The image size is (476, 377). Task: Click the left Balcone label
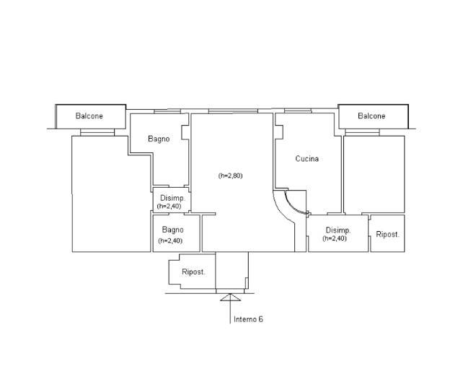point(89,116)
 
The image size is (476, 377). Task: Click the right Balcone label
point(371,116)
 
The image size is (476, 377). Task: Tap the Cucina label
point(307,159)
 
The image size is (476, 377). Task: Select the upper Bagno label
point(159,139)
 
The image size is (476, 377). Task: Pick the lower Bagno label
point(173,230)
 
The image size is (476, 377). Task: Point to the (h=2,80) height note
point(230,175)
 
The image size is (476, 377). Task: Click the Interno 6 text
point(248,319)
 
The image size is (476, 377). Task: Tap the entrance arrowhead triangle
point(230,298)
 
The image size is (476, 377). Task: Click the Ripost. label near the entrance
point(193,272)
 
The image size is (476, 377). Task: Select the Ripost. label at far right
point(388,235)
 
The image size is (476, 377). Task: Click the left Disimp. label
point(172,198)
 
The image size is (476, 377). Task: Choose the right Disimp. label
point(338,230)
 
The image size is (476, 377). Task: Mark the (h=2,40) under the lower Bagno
point(170,240)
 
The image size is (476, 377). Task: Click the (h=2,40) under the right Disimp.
point(335,238)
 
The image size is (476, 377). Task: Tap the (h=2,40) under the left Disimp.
point(169,207)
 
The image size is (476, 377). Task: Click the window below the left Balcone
point(97,132)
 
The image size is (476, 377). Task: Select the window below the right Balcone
point(363,132)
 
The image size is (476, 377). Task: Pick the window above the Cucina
point(298,111)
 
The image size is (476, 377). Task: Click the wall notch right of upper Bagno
point(185,133)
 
